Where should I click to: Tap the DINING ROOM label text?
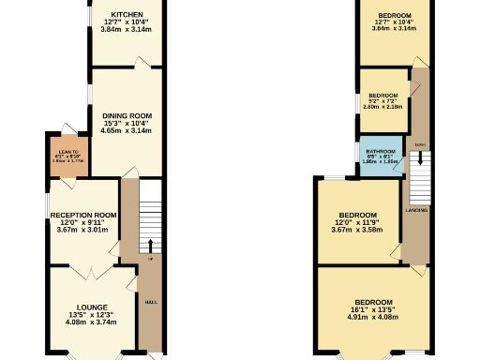(127, 116)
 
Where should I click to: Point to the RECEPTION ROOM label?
(83, 215)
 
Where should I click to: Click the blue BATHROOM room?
(380, 155)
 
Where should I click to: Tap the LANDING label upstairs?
(417, 210)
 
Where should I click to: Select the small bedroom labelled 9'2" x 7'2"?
(382, 100)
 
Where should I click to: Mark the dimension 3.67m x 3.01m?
(83, 230)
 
